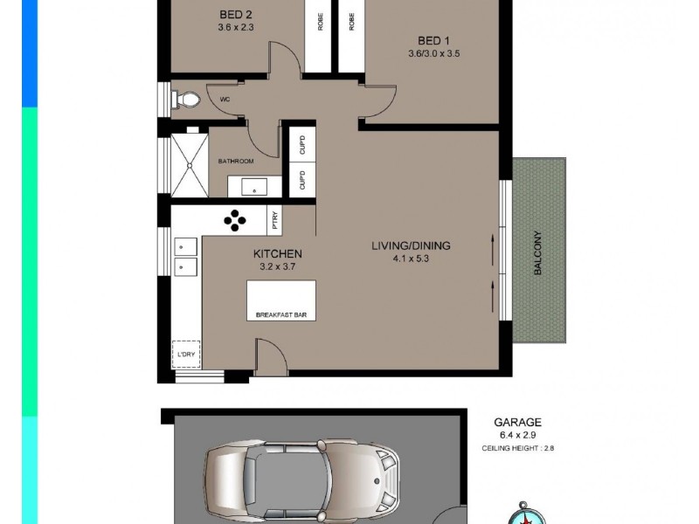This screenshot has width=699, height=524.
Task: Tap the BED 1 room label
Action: (433, 40)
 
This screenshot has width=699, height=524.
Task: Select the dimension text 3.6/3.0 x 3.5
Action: (433, 53)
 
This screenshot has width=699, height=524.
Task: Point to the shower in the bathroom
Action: (185, 164)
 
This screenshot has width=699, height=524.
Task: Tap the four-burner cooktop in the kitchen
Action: (235, 222)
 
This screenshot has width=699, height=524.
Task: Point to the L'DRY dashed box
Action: (185, 354)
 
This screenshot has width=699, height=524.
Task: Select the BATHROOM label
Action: (236, 162)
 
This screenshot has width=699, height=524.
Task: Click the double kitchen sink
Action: (185, 253)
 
